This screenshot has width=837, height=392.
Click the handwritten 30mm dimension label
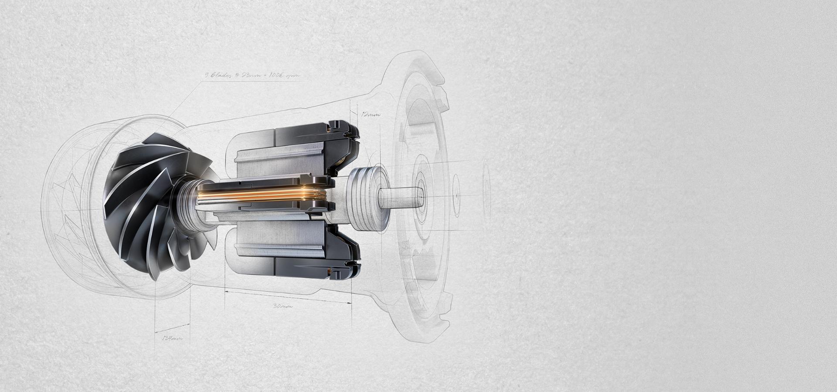coord(282,306)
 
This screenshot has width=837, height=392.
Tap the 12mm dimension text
coord(371,115)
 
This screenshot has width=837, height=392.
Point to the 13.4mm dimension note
coord(172,338)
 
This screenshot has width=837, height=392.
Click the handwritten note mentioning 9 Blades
coord(252,75)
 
